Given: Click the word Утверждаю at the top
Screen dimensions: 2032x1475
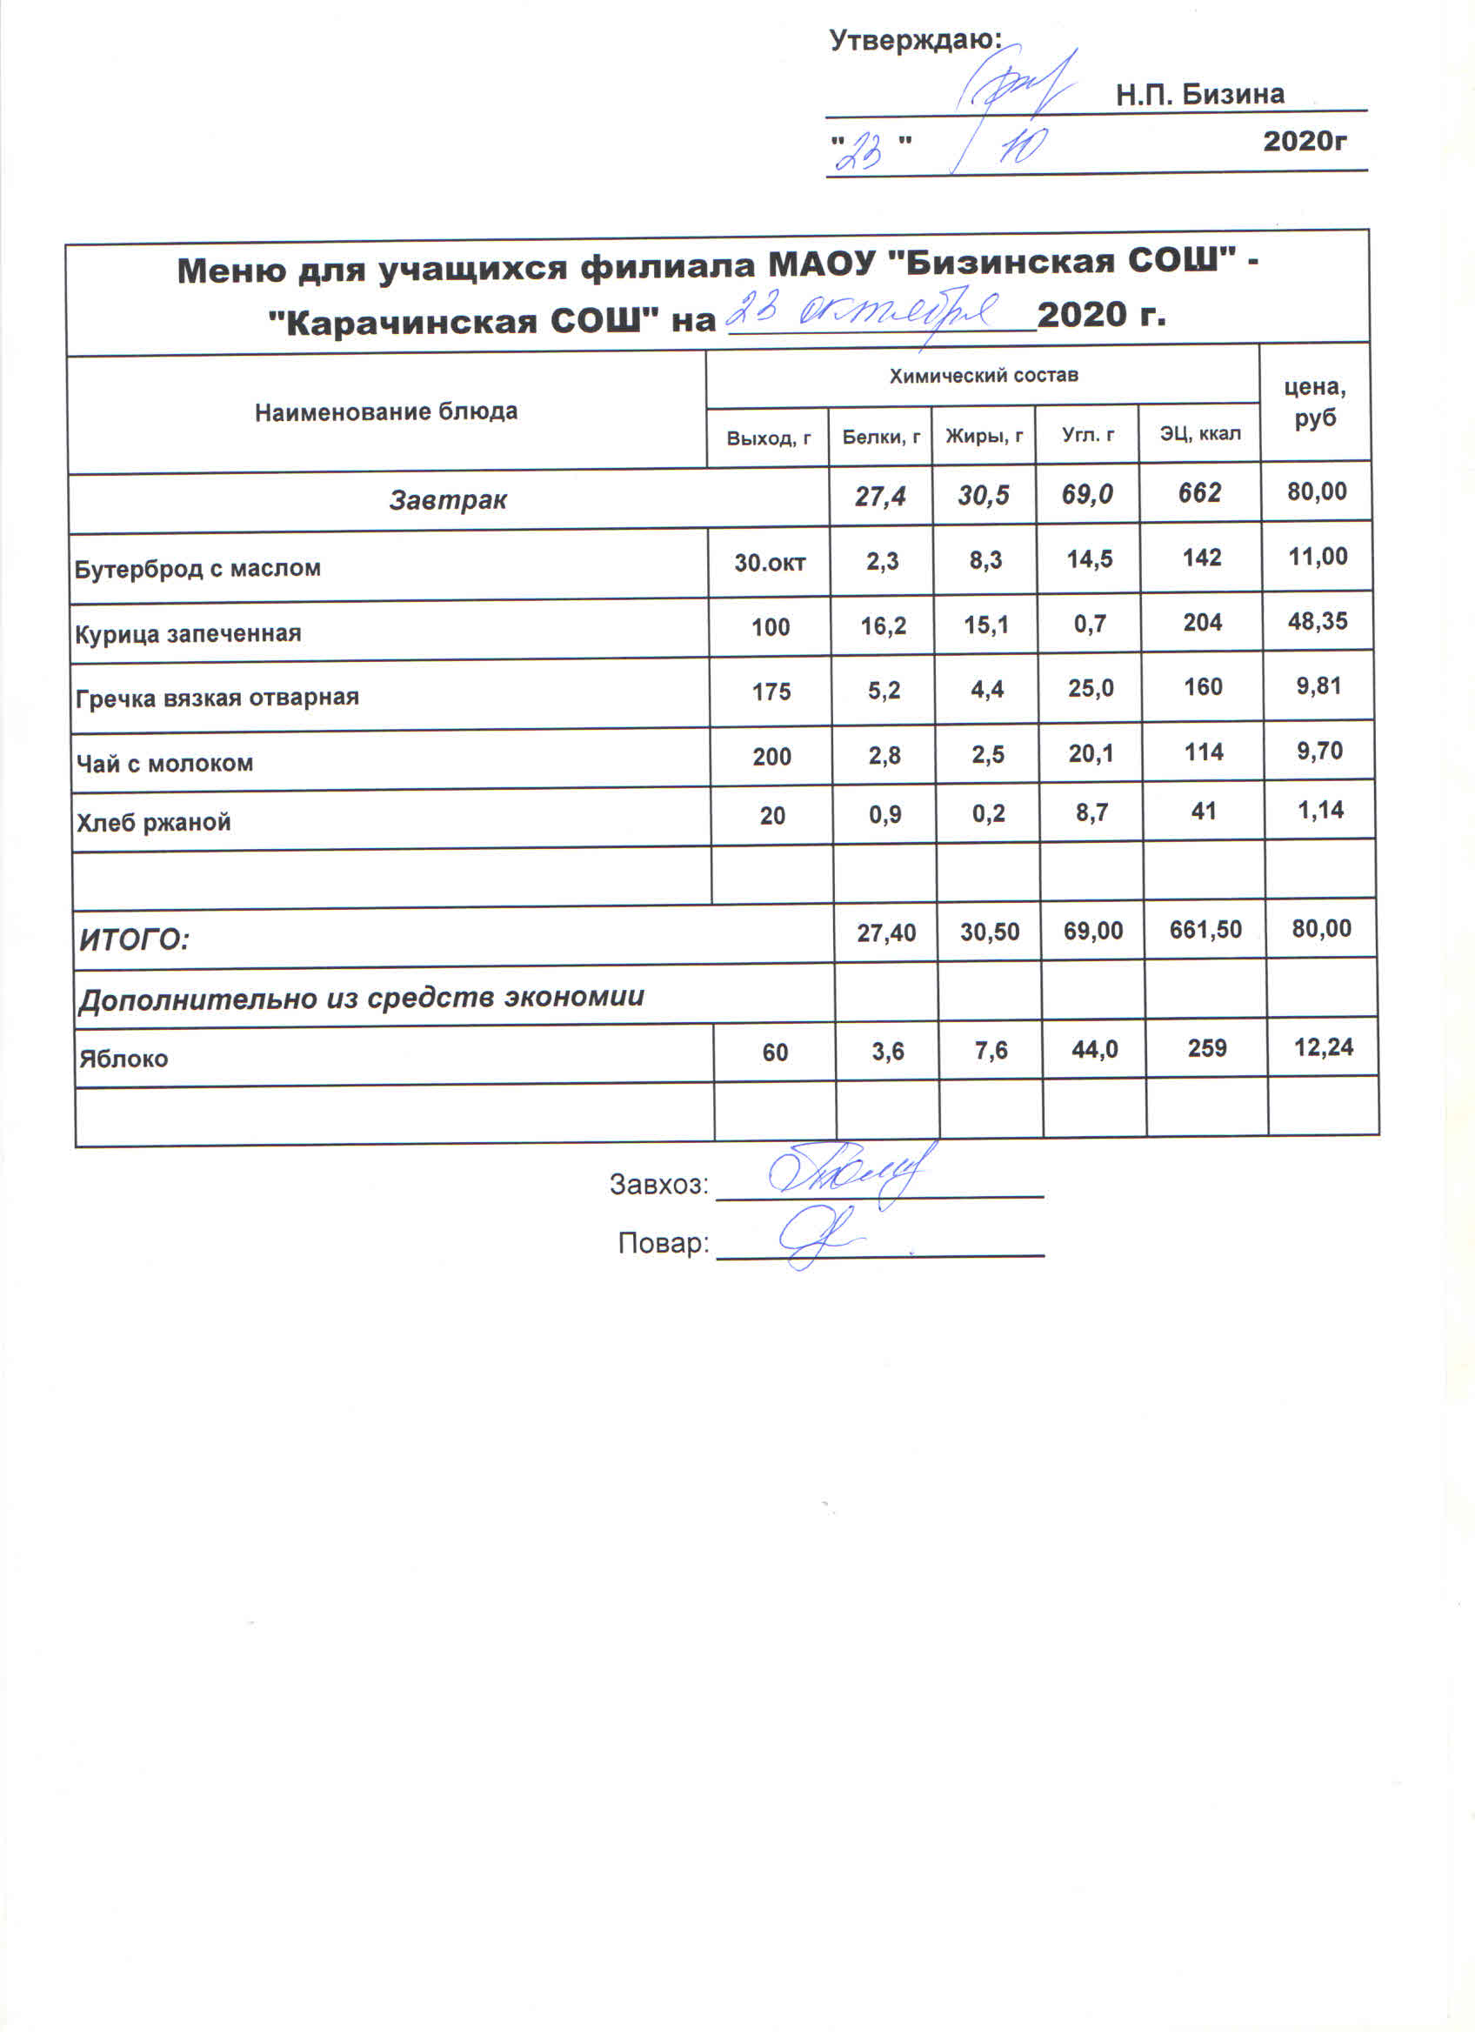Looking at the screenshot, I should [913, 40].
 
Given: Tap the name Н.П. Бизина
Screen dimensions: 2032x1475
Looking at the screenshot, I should [1199, 94].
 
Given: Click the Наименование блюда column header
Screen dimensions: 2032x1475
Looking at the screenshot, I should [386, 412].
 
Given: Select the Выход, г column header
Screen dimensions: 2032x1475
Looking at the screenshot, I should [769, 438].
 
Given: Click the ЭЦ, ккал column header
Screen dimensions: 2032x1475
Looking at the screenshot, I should [1200, 435].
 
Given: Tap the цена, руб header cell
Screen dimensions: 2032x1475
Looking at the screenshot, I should [1315, 402].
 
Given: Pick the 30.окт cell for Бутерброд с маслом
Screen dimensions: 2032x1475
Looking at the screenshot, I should [770, 563].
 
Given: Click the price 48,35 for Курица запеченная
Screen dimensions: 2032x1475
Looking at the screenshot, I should [1318, 621].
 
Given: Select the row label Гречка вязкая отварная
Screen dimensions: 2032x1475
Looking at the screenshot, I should [217, 698].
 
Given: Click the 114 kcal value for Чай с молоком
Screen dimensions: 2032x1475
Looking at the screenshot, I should [1204, 752].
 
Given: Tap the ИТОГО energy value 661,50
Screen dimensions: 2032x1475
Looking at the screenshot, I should [1205, 929].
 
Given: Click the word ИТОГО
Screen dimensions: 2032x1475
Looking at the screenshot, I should [134, 939].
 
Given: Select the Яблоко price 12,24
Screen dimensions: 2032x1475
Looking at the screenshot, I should [1323, 1047].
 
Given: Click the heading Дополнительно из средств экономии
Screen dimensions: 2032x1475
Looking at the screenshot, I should [361, 997].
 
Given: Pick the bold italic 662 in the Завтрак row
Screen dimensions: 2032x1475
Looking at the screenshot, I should [1200, 492].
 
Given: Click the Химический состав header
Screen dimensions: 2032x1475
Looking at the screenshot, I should [984, 377].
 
